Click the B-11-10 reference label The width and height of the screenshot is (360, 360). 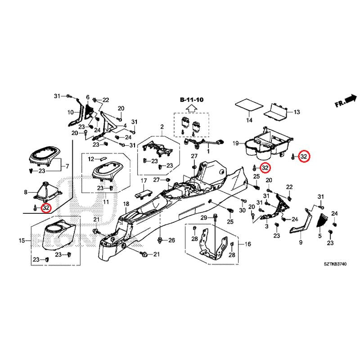[191, 99]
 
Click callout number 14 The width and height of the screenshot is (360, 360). [249, 120]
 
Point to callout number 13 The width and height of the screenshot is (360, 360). [297, 112]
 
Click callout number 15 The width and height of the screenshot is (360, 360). [22, 241]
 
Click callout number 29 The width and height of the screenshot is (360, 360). [203, 218]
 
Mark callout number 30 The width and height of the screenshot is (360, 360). [243, 211]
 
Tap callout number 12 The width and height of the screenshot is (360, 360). [91, 159]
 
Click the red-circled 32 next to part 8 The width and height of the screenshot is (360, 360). [46, 207]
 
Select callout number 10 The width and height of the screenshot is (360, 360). [71, 112]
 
